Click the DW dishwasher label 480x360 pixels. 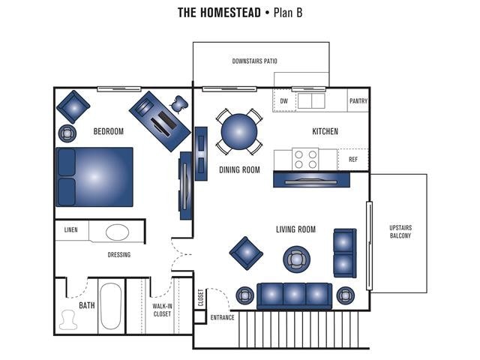point(283,100)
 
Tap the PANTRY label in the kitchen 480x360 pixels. point(358,100)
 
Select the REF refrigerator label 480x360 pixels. point(352,159)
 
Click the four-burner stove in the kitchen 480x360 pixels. point(305,158)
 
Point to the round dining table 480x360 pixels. point(239,133)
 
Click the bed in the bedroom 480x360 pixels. point(94,177)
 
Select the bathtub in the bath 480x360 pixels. point(111,306)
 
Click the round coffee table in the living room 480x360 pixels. point(296,259)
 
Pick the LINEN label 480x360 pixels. point(71,230)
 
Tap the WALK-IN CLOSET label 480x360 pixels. point(162,309)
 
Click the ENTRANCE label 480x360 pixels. point(222,317)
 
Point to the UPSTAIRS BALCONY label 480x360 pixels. point(400,231)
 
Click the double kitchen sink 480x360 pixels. point(310,100)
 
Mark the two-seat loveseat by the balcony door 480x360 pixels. point(345,253)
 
